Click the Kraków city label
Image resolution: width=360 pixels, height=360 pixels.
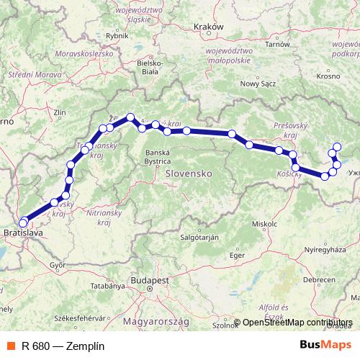210,27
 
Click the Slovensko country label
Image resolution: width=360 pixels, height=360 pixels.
187,174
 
